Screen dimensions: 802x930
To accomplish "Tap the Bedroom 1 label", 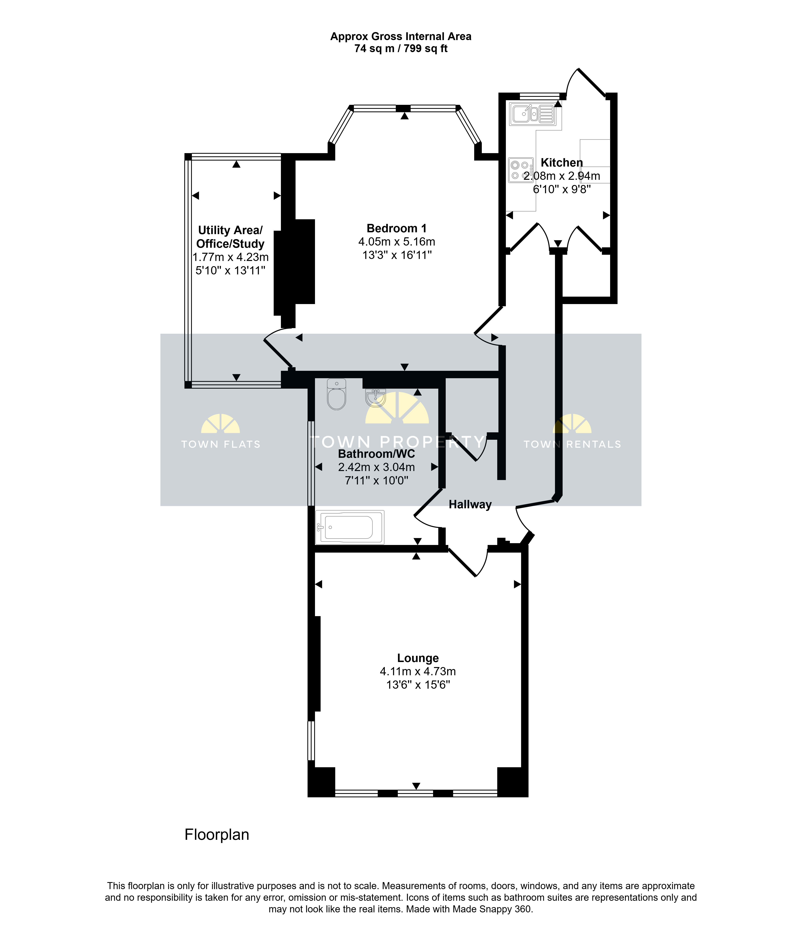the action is pos(397,228).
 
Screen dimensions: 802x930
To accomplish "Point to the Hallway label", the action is pos(470,504).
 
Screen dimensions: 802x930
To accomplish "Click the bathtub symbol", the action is pos(350,527).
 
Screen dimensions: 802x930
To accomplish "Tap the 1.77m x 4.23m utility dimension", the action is pos(230,257).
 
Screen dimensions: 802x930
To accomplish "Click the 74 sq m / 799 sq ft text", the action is pos(401,49).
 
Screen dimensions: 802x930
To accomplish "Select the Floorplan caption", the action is pos(217,834).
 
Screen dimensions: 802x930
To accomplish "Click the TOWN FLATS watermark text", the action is pos(221,444).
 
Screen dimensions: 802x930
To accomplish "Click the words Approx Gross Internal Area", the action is pos(401,36).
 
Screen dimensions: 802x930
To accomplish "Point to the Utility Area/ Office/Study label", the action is pos(230,237).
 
